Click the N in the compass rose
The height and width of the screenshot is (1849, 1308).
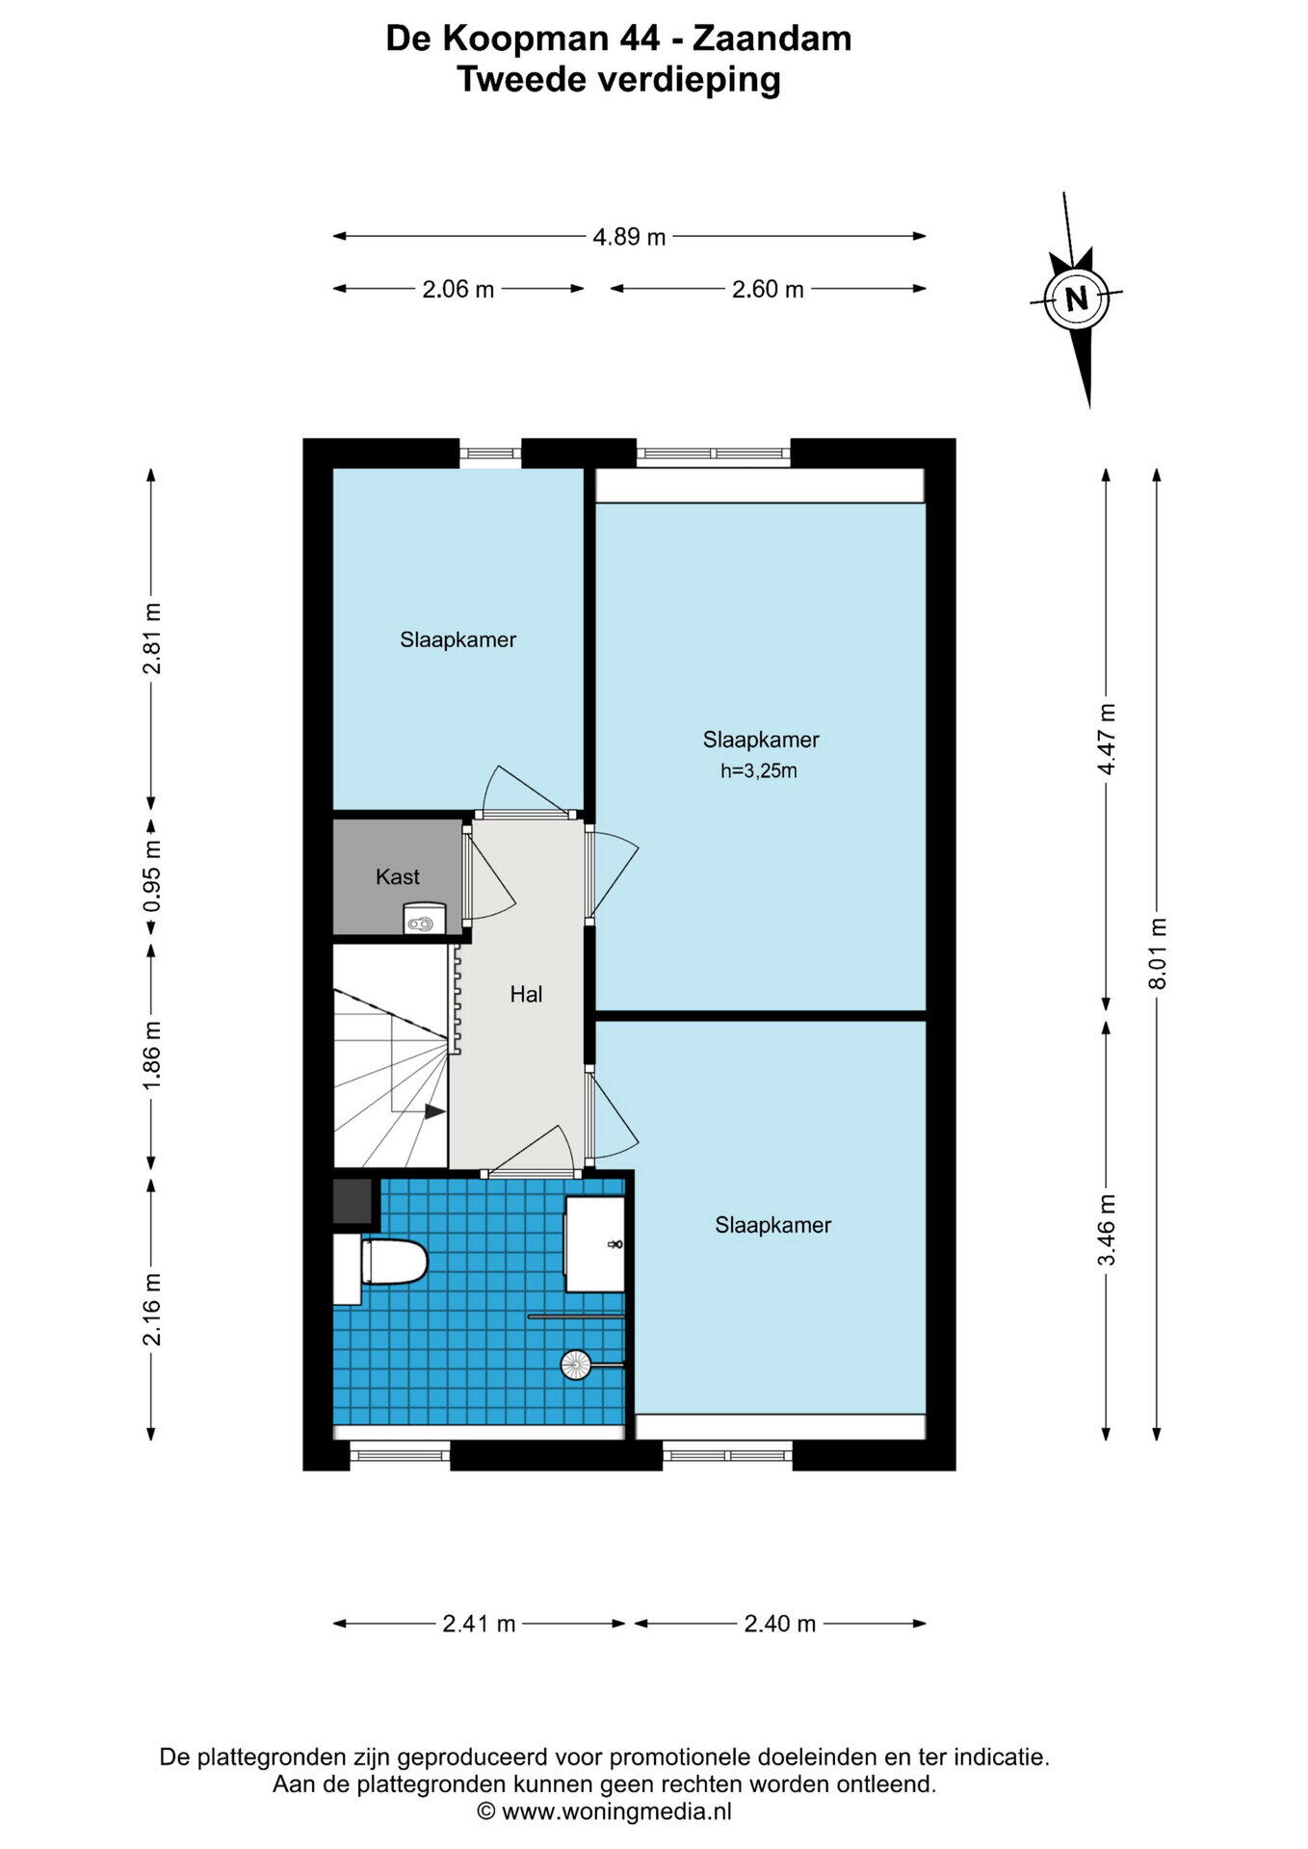[x=1077, y=299]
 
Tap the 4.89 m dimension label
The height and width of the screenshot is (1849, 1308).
[x=629, y=237]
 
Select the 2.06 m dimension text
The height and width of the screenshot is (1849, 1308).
[x=458, y=289]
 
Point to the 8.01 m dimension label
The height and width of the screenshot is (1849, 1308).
[x=1158, y=952]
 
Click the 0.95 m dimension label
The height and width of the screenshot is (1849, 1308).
[x=152, y=876]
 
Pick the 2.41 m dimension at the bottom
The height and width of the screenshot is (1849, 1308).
[x=479, y=1624]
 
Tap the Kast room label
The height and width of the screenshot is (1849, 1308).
[x=397, y=876]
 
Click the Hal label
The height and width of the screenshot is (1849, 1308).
[x=526, y=994]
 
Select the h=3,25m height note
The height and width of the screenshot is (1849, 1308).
[x=759, y=770]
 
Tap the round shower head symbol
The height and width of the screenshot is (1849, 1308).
[x=576, y=1365]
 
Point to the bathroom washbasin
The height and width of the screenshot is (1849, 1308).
[x=594, y=1243]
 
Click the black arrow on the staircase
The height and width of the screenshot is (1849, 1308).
[x=435, y=1111]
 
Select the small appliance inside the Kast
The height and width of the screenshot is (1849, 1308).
[x=424, y=919]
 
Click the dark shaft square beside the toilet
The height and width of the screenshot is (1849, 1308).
[x=353, y=1202]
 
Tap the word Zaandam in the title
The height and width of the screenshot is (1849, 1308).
[x=772, y=39]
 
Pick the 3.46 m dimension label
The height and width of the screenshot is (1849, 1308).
[x=1108, y=1230]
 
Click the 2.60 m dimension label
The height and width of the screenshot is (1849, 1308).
[x=768, y=289]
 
